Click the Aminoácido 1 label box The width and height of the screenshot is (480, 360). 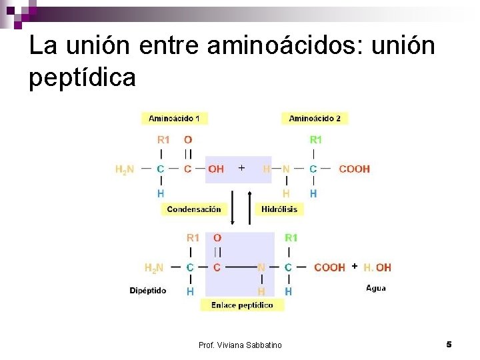pos(175,118)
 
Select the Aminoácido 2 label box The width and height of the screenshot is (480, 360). pos(315,118)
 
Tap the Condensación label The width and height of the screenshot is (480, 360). pos(193,209)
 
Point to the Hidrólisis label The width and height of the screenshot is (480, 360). pos(279,209)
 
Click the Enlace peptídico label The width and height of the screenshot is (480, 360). pos(241,305)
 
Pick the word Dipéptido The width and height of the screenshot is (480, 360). pos(147,291)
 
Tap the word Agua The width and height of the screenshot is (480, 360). pos(376,288)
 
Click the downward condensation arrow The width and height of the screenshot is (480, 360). pos(233,207)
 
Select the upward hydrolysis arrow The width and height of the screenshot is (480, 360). pos(249,207)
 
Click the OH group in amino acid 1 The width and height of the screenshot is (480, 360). pos(216,169)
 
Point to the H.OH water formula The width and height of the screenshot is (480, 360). pos(377,267)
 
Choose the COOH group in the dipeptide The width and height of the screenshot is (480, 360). pos(329,267)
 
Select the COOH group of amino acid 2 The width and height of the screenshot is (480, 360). pos(354,169)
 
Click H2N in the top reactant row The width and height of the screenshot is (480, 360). pos(125,169)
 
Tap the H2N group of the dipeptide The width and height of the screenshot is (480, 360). pos(154,267)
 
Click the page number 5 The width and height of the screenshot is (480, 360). pos(449,344)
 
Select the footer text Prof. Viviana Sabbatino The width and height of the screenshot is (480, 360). pos(240,345)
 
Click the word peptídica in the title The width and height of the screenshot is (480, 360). pos(83,78)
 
